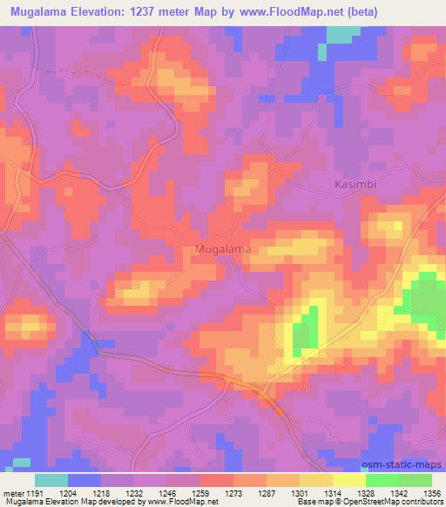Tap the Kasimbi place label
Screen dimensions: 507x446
pyautogui.click(x=357, y=185)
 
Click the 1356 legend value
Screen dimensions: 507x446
pyautogui.click(x=431, y=492)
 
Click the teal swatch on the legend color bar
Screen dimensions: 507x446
pyautogui.click(x=51, y=480)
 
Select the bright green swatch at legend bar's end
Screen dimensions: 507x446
pyautogui.click(x=416, y=480)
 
